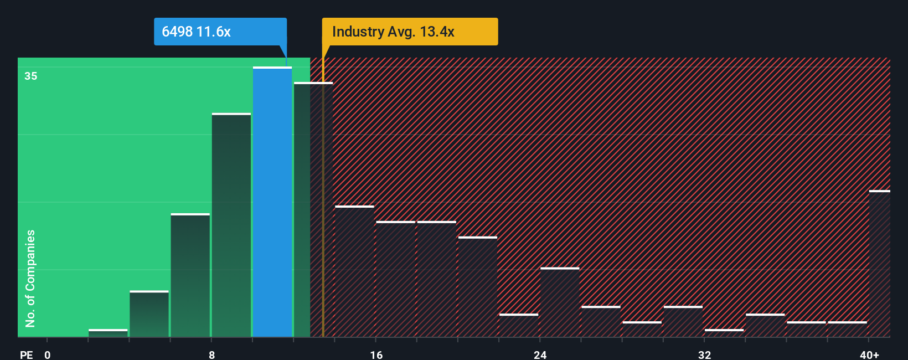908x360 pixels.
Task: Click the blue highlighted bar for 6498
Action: click(272, 202)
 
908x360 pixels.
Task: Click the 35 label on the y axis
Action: click(31, 76)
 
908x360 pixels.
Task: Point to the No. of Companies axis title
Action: click(30, 278)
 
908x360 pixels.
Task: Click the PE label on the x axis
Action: click(26, 354)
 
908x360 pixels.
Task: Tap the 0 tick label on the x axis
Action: click(48, 354)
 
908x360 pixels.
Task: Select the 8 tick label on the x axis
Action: click(211, 354)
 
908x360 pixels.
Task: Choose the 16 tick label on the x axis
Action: click(376, 354)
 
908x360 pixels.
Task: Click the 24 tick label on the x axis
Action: click(540, 354)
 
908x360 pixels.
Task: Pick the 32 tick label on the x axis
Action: click(704, 354)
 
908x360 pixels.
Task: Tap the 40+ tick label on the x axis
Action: click(869, 354)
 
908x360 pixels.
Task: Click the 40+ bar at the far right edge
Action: click(879, 264)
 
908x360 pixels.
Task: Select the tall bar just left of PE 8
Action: click(190, 275)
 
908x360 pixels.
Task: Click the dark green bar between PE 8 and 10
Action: click(231, 225)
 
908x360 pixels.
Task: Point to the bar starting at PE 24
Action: click(560, 302)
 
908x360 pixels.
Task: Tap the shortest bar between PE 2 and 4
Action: click(108, 333)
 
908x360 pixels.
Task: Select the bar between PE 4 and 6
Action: click(149, 314)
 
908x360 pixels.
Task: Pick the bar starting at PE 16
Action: click(395, 279)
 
